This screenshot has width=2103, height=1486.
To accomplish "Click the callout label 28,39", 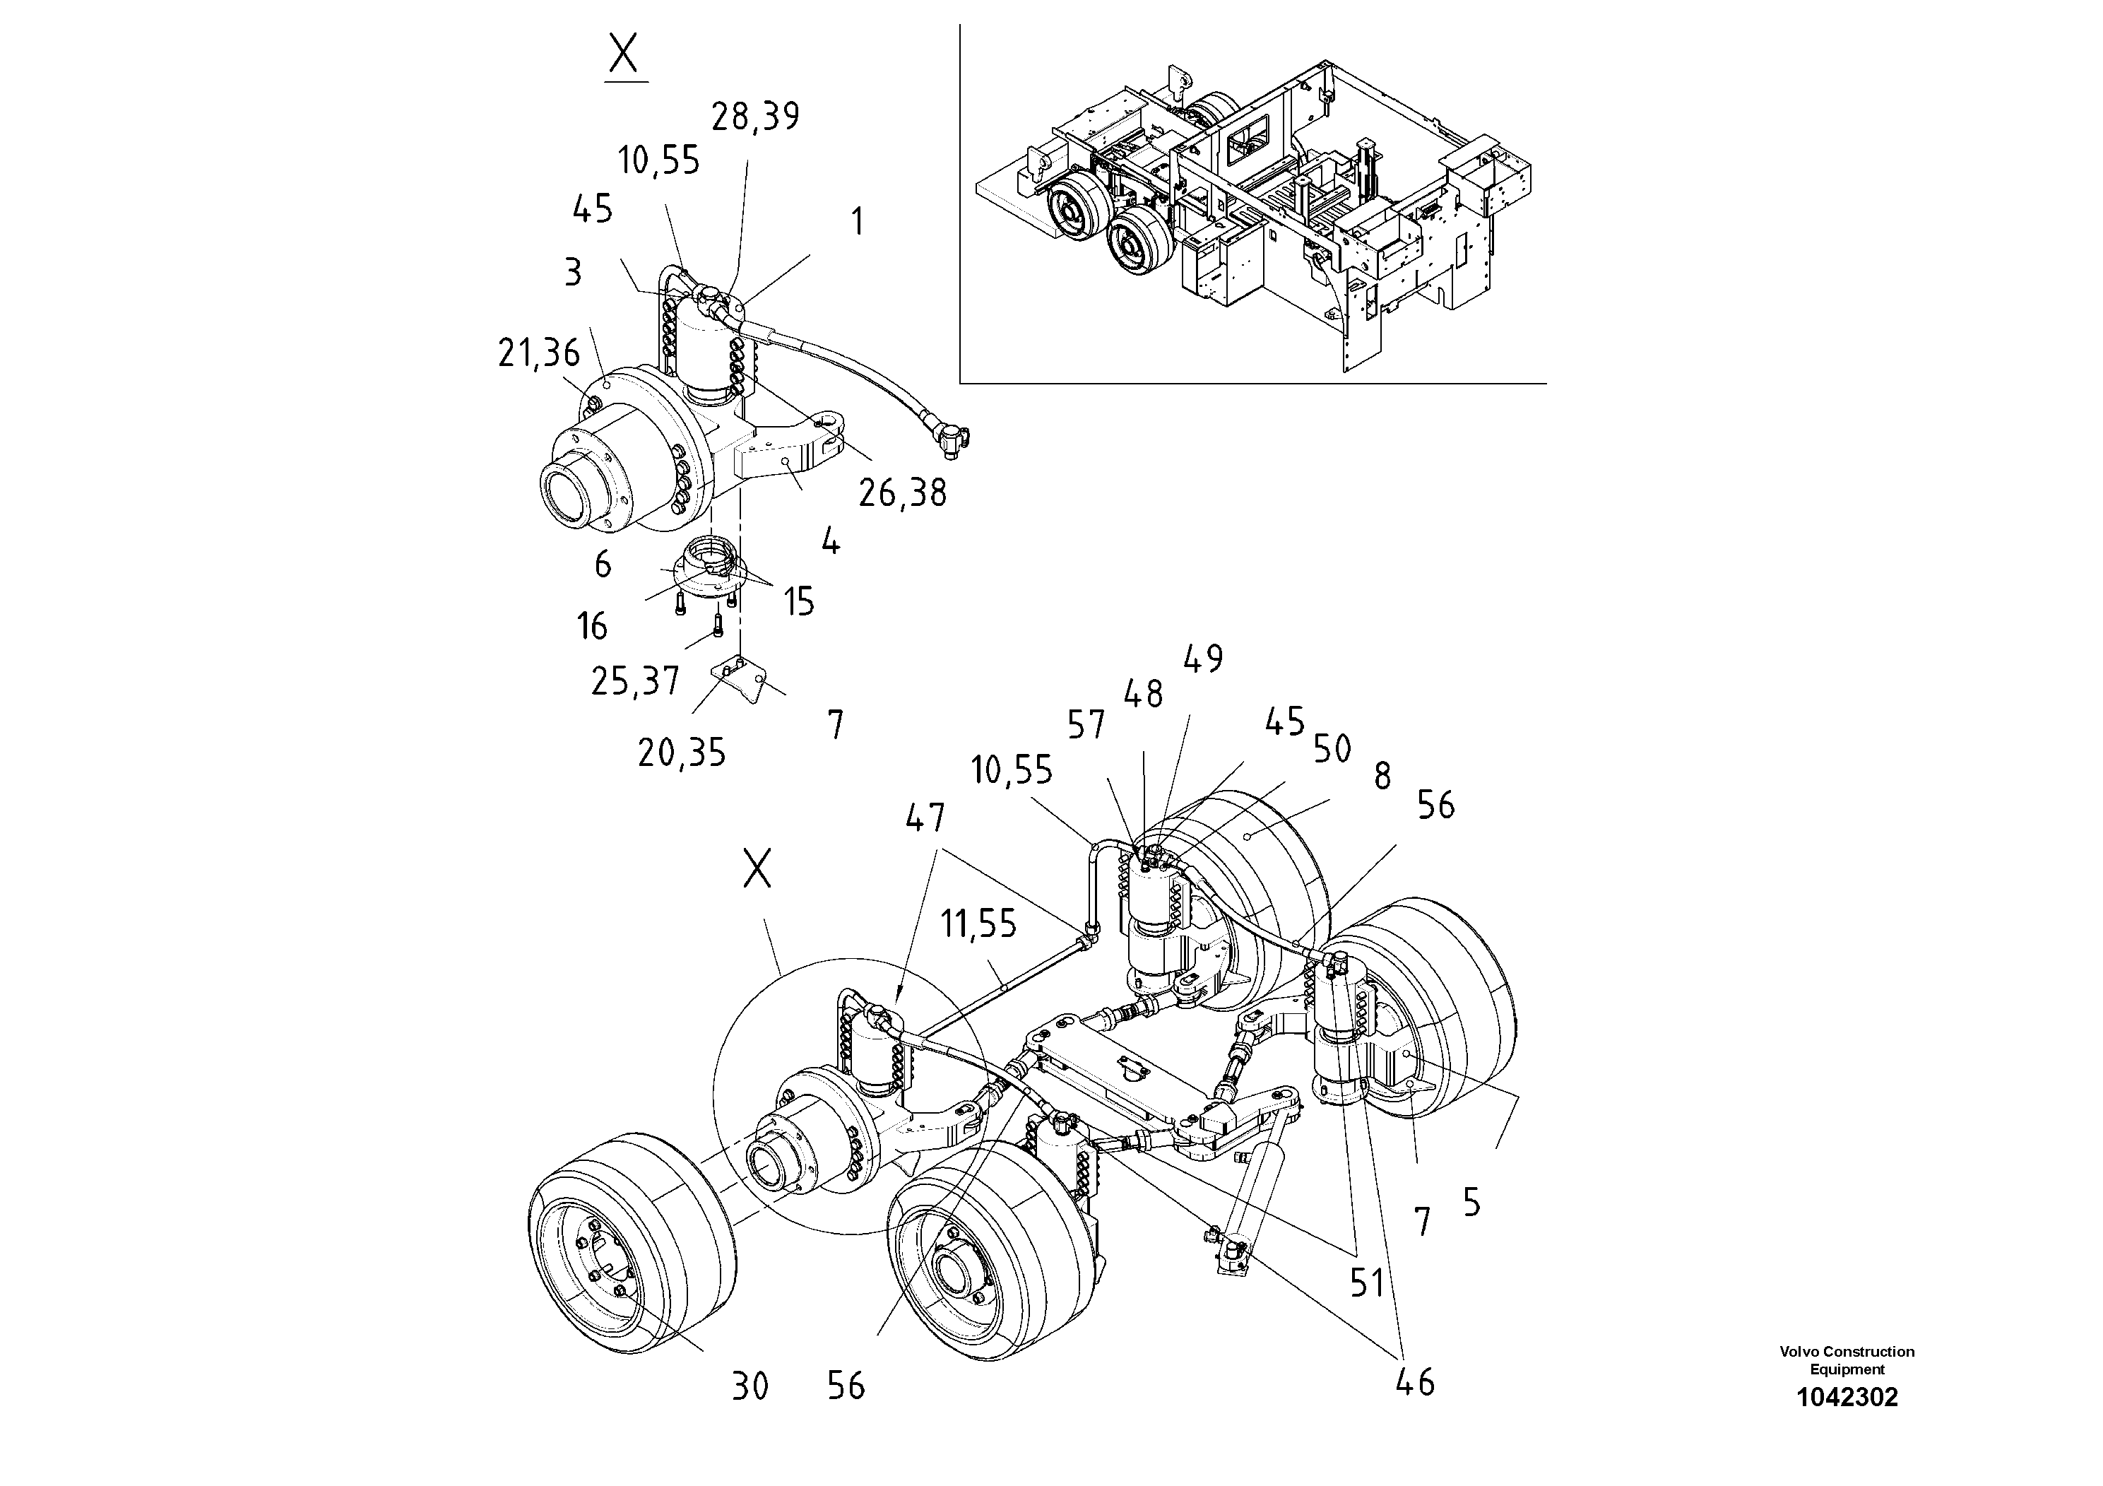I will [756, 117].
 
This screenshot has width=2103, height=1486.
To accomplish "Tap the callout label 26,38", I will [902, 494].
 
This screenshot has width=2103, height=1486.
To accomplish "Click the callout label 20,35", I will [682, 753].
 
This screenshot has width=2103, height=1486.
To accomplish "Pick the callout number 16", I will [592, 627].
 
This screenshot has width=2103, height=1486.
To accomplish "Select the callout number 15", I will [799, 602].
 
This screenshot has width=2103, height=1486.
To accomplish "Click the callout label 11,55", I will [979, 924].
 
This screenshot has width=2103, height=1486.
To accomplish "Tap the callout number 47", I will [925, 818].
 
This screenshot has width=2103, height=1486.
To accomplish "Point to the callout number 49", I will [1202, 659].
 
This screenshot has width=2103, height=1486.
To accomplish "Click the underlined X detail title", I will [624, 56].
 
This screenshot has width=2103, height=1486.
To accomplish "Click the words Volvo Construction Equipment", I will [1847, 1360].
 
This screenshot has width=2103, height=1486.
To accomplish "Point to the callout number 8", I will [1382, 777].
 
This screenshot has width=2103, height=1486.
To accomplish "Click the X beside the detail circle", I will [757, 868].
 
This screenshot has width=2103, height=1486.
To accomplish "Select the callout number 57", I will [1086, 726].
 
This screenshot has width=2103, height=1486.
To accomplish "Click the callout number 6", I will [602, 565].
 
